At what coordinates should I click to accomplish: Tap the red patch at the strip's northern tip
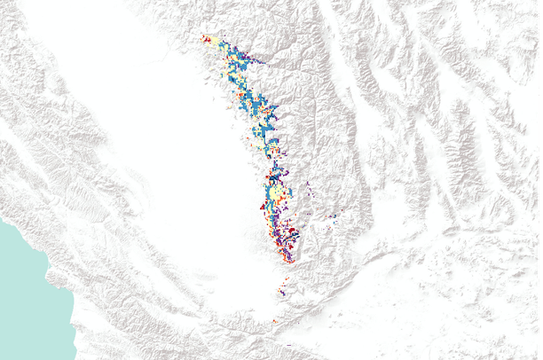click(x=206, y=38)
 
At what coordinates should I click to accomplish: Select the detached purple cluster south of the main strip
click(x=282, y=289)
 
